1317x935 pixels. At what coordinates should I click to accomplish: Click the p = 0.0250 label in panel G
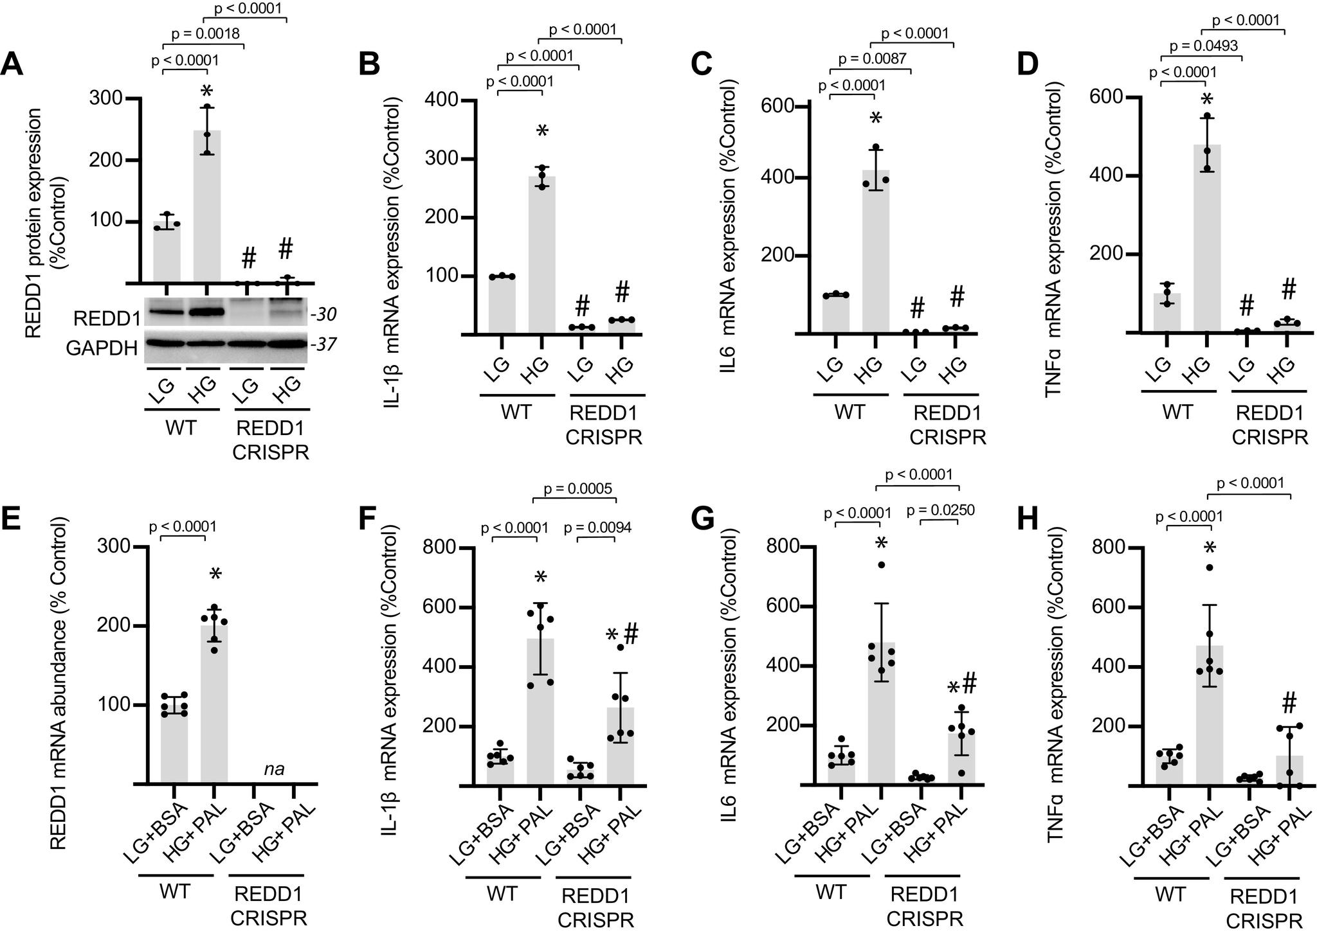(x=940, y=511)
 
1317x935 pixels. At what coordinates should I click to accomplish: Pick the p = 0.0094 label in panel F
(x=597, y=528)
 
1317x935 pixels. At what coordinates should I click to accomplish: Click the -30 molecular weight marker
(x=323, y=315)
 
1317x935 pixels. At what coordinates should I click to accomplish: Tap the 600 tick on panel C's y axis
(x=776, y=107)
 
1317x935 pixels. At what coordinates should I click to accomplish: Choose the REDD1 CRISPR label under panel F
(x=595, y=907)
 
